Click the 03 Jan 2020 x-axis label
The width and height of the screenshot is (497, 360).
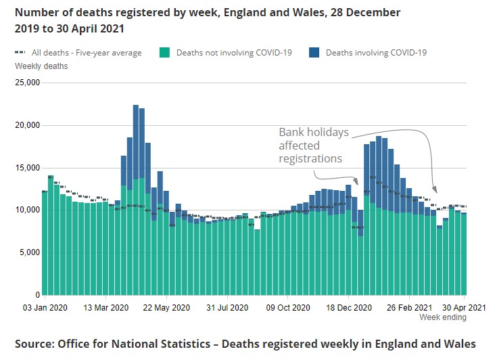click(x=45, y=307)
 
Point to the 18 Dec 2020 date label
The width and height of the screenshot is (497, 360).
click(x=348, y=307)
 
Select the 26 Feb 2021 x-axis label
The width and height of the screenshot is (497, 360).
click(x=409, y=307)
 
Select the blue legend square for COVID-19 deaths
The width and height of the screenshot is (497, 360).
click(x=314, y=52)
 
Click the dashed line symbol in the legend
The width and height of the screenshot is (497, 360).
click(x=21, y=52)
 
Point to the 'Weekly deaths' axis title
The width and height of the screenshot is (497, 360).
click(x=41, y=66)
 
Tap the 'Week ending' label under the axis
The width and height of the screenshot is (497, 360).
click(x=443, y=317)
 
